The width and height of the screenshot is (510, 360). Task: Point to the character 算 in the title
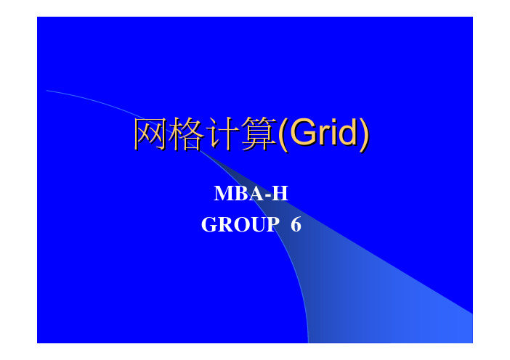[x=259, y=134]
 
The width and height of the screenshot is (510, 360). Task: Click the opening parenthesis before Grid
[x=283, y=135]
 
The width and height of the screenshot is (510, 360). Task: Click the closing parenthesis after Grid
[x=364, y=135]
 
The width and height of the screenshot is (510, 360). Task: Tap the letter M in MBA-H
[x=224, y=193]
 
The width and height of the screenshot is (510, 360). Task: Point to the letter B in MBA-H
[x=242, y=193]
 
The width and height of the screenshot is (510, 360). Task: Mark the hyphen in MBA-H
[x=268, y=195]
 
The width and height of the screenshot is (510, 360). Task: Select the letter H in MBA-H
[x=280, y=193]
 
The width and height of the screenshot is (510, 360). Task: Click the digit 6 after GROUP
[x=296, y=224]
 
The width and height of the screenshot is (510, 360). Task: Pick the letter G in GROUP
[x=209, y=224]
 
